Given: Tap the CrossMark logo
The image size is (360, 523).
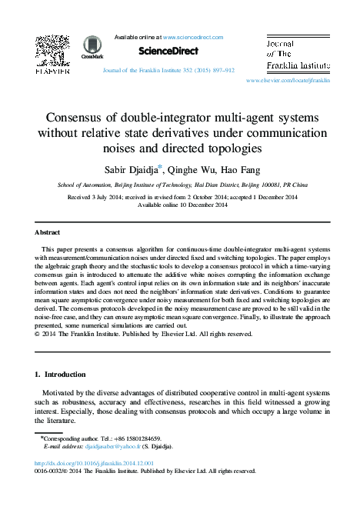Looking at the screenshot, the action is click(92, 47).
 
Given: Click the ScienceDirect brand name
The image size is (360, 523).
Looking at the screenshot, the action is click(168, 51).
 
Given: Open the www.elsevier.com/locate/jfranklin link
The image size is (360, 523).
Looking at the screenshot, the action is click(288, 79).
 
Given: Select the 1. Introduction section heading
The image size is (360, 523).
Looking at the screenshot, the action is click(62, 375).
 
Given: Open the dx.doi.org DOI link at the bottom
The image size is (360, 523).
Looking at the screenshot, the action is click(95, 464).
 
